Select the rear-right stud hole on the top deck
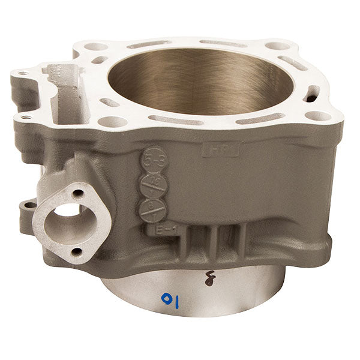pyautogui.click(x=275, y=46)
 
